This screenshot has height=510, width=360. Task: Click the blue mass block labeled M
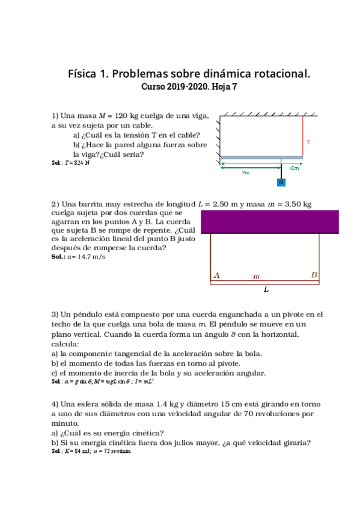coord(281,182)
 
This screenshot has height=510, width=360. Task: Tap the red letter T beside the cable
coord(308,143)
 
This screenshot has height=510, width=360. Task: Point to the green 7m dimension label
coord(245,173)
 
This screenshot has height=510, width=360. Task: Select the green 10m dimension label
coord(293,168)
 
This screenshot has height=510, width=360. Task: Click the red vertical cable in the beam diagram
coord(302,135)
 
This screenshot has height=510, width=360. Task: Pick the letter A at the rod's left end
coord(216,275)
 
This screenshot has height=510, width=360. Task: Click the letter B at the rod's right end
coord(314,275)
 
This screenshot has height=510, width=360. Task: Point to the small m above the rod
coord(256,277)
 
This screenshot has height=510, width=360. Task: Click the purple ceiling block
coord(269,221)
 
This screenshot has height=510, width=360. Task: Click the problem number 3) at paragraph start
coord(55,315)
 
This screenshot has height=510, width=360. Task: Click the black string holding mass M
coord(281,169)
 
